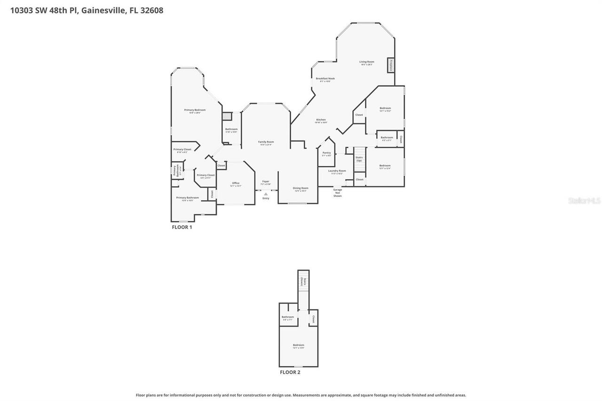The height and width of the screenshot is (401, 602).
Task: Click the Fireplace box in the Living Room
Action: (390, 65)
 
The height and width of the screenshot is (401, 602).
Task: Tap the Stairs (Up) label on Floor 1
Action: (359, 159)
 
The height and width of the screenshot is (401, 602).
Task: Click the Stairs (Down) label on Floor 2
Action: (304, 281)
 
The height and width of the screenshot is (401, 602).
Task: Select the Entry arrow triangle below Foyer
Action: (266, 194)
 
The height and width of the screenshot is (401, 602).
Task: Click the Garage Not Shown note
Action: (337, 193)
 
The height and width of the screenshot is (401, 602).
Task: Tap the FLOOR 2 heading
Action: (290, 372)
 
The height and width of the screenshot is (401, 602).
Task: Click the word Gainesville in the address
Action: (103, 10)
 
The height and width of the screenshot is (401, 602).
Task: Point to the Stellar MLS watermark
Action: (584, 201)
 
